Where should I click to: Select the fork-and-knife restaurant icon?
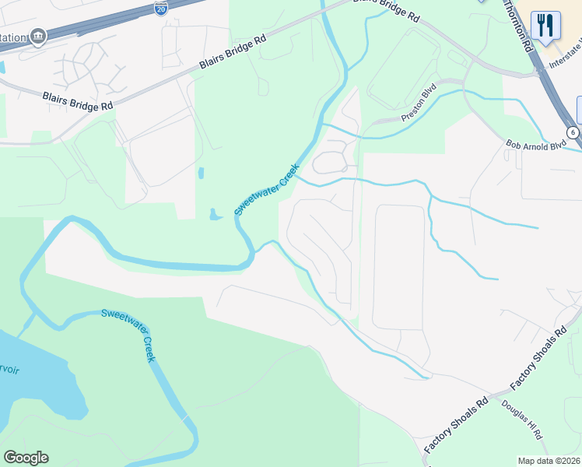point(546,24)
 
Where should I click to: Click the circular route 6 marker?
point(573,132)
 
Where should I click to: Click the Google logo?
point(26,458)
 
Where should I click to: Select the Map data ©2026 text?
point(549,461)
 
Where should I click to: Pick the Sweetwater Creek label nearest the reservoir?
point(129,334)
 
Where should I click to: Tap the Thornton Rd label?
point(527,27)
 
